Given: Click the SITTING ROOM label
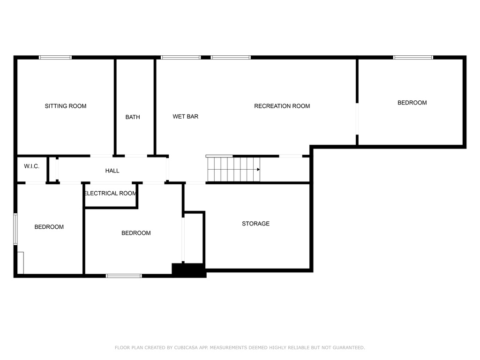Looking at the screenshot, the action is pos(66,106).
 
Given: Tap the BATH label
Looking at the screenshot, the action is pos(133,117).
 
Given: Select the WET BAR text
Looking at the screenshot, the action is pos(186,116).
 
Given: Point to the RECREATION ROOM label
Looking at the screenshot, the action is pos(282,106).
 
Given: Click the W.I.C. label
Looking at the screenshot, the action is pos(32,166).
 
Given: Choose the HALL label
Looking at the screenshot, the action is pos(112,171).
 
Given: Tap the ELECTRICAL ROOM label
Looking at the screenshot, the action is pos(110,194).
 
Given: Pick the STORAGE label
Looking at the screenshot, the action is pos(255,224).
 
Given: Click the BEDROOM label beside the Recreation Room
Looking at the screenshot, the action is pos(412,103).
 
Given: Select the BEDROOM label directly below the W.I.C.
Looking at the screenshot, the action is pos(49,227).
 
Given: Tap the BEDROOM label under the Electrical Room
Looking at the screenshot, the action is pos(136,233).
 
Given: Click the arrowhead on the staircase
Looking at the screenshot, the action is pos(258,169).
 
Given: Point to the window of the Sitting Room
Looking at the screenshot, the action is pos(55,57).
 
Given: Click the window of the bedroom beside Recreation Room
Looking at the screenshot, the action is pos(413,57).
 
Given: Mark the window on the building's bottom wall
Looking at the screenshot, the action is pos(124,276).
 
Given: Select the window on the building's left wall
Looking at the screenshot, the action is pos(15,229).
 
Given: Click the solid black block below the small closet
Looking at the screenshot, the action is pos(188,270).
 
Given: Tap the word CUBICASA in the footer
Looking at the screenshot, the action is pos(186,347).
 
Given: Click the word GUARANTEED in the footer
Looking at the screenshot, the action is pos(349,347).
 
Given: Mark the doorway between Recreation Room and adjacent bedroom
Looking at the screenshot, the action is pos(357,119).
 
